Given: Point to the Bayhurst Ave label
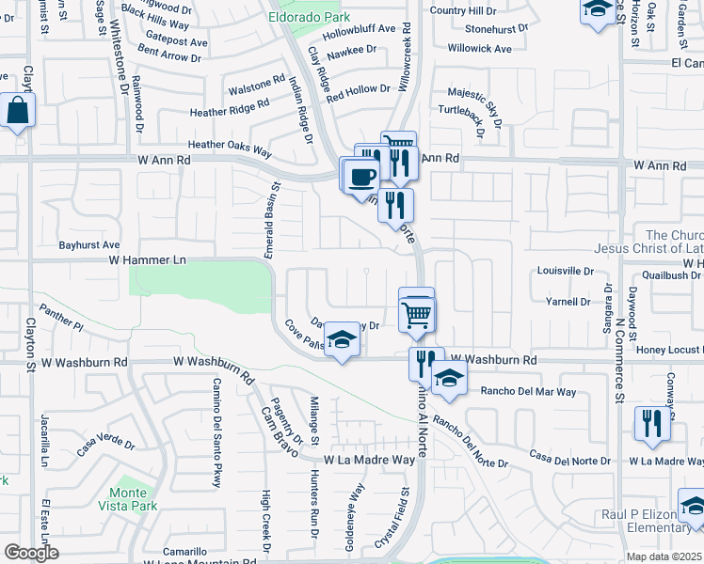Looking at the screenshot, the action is (x=89, y=243).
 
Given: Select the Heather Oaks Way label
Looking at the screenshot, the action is (x=230, y=145).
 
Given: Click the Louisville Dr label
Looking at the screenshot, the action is (x=566, y=270).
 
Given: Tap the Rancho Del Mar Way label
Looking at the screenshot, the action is (x=528, y=391).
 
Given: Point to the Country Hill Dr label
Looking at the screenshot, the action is (x=462, y=10).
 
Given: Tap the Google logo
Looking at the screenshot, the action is (x=31, y=553).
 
